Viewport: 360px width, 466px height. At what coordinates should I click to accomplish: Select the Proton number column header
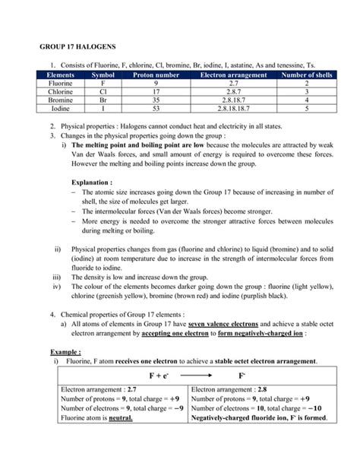click(x=154, y=76)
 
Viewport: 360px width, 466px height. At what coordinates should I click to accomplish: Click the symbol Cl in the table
click(x=101, y=93)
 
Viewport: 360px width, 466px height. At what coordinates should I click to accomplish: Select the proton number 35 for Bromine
click(x=154, y=101)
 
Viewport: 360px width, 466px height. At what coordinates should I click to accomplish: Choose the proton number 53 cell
click(x=154, y=109)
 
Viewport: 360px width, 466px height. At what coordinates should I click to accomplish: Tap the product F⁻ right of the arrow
click(x=241, y=375)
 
